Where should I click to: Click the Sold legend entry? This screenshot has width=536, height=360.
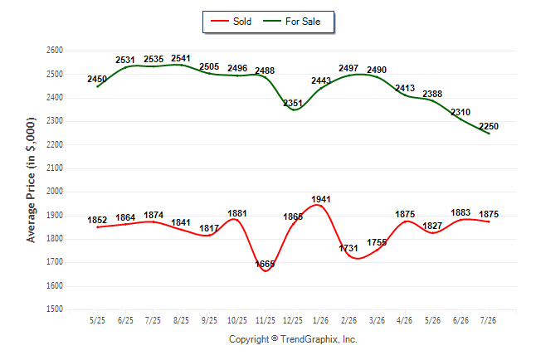point(231,22)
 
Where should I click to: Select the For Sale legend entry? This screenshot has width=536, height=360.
point(291,22)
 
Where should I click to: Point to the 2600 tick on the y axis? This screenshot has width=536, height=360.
point(55,51)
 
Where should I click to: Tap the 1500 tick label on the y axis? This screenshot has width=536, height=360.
point(55,309)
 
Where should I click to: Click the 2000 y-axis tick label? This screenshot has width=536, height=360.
point(55,192)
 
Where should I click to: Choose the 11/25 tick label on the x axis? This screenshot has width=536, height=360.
point(266,321)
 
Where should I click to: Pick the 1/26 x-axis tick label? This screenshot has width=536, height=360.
point(321,321)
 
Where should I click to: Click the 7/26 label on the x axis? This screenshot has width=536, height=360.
point(489,321)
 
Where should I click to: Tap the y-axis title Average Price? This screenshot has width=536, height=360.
point(31,180)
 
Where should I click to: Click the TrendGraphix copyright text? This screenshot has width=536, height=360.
point(293,339)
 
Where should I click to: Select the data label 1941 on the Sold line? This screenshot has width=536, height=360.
point(321,199)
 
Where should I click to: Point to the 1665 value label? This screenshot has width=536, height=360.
point(265,264)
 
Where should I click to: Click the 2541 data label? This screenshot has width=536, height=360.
point(181,58)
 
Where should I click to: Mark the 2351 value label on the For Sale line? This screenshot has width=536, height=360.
point(293,103)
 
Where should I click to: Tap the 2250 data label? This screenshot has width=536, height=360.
point(489,126)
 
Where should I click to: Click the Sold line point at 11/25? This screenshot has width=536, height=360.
point(266,271)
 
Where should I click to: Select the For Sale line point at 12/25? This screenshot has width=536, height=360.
point(294,109)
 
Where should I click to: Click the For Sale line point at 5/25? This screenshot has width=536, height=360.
point(97,86)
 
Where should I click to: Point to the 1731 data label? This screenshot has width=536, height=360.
point(348,248)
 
